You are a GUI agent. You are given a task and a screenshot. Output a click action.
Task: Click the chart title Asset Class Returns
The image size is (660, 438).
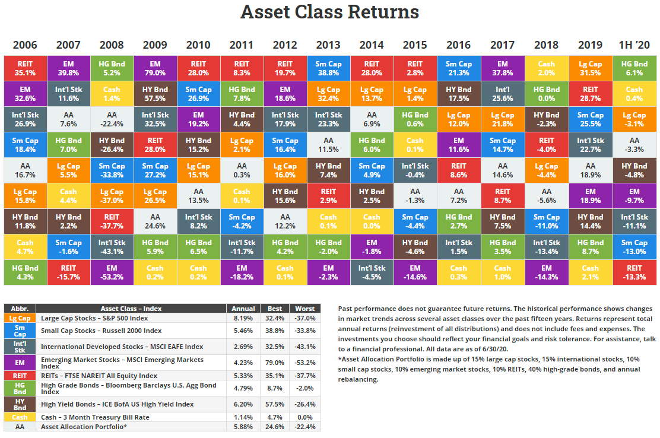tap(329, 12)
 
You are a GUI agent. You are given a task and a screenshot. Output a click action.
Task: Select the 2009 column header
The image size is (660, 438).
tap(155, 45)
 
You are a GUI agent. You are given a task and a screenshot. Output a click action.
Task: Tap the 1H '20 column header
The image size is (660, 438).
tap(634, 45)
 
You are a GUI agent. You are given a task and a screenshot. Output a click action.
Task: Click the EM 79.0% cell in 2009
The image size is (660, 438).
tap(155, 68)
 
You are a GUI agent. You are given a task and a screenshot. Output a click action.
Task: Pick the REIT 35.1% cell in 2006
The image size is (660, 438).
tap(25, 68)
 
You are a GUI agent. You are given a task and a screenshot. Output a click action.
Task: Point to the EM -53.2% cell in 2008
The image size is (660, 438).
tap(112, 272)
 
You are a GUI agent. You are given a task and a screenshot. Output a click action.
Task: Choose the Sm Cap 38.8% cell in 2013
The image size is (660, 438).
tap(328, 68)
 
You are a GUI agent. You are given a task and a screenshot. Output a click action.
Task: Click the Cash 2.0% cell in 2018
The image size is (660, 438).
tap(546, 68)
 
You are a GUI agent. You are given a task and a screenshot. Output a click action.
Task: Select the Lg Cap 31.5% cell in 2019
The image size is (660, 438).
tap(590, 68)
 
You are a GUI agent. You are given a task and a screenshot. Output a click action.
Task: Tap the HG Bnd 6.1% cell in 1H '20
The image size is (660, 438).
tap(634, 68)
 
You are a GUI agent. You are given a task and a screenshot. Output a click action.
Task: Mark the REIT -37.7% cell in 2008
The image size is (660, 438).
tap(112, 221)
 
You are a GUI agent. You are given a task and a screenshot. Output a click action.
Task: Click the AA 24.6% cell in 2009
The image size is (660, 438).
tap(155, 221)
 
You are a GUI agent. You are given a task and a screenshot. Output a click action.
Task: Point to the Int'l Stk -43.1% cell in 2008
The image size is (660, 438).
tap(112, 246)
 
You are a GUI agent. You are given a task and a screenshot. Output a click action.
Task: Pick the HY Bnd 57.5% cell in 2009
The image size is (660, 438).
tap(155, 94)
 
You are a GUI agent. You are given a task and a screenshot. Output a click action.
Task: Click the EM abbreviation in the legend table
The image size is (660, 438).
tap(20, 363)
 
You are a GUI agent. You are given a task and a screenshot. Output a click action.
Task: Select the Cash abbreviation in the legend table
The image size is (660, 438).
tap(20, 417)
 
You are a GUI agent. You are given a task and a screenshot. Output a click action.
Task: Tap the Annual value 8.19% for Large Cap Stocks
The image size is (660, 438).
tap(243, 318)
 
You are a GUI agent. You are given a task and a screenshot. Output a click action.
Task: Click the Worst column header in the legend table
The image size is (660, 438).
tap(304, 309)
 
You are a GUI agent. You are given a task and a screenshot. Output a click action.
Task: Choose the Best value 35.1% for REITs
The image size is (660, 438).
tap(274, 376)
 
